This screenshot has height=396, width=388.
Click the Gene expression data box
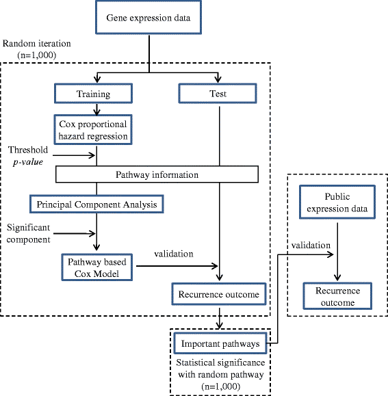point(149,16)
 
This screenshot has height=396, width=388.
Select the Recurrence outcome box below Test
point(218,295)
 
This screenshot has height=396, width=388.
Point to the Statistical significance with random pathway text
point(223,369)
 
